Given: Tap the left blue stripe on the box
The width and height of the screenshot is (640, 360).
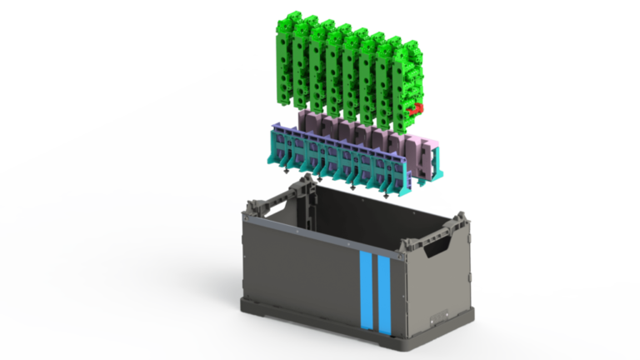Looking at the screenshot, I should pos(365,292).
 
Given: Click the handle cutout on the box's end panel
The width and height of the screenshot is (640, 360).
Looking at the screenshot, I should pos(435,247).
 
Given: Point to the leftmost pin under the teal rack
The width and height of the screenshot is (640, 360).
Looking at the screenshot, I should pos(287,170).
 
